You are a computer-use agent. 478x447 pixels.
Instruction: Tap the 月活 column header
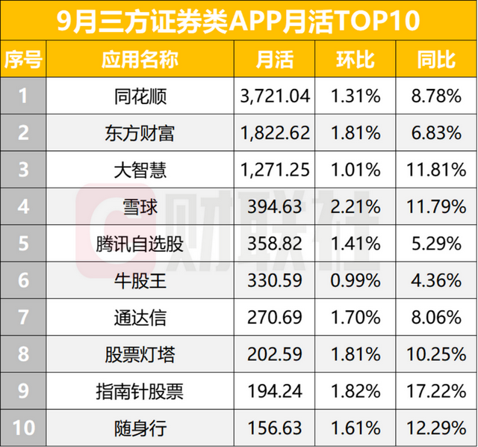click(274, 59)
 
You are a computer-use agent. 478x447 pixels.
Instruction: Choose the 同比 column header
click(436, 59)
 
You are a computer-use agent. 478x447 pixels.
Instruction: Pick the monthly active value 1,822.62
click(274, 132)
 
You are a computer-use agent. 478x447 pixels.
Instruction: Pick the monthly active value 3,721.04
click(274, 95)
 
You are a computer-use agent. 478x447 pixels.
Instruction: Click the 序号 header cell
click(23, 59)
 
